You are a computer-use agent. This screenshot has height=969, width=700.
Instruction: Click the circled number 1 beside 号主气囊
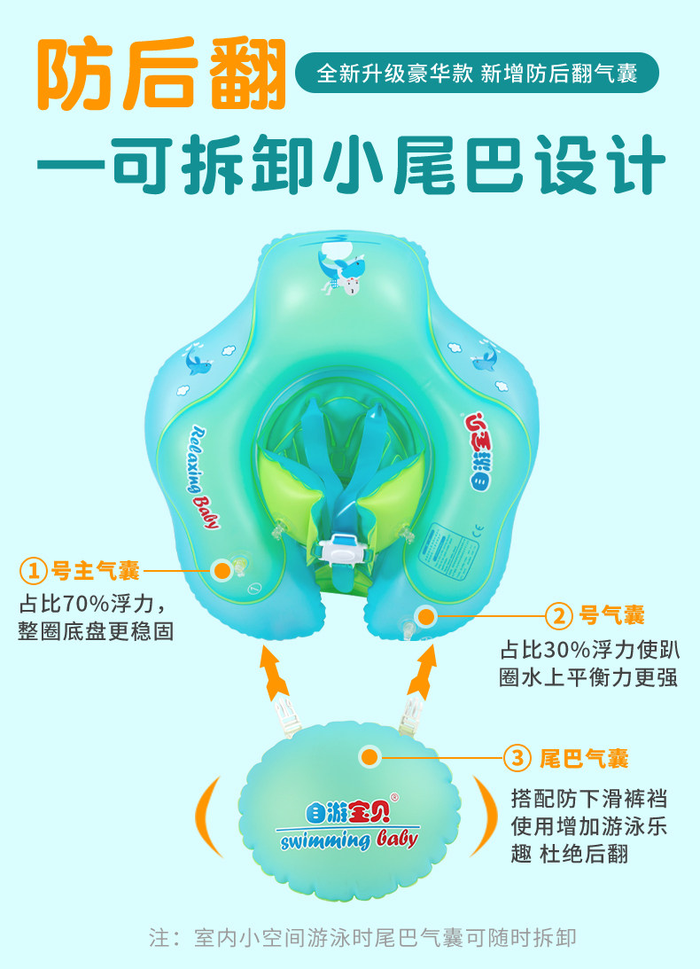click(x=33, y=569)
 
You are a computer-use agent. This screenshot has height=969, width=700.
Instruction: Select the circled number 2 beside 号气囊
click(x=558, y=614)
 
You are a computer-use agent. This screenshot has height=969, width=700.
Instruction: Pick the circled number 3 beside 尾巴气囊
click(x=517, y=758)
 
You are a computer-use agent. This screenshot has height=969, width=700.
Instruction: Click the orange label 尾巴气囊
click(x=584, y=758)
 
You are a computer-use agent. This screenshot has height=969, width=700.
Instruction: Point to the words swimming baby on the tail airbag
click(x=347, y=838)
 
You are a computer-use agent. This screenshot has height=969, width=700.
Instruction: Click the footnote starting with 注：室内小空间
click(x=363, y=937)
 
